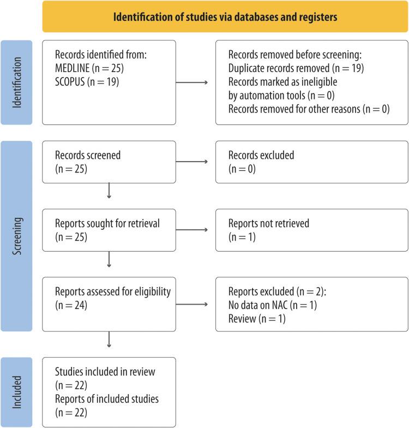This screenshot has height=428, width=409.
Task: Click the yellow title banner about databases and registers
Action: pos(225,16)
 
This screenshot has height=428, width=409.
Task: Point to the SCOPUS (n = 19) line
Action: pos(87,81)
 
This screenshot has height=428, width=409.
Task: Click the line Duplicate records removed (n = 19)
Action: pos(294,68)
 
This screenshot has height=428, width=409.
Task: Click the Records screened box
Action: pos(109,162)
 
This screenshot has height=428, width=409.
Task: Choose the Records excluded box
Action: pos(312,162)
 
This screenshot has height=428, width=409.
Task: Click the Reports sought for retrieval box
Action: pos(109,230)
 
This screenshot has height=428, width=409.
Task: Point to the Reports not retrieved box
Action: pos(312,230)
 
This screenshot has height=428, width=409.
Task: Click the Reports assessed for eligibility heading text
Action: pos(113,292)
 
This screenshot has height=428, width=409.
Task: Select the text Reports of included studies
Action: pos(107,399)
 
